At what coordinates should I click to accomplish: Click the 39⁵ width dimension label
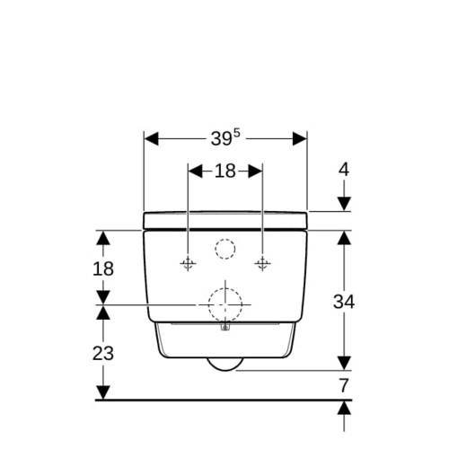pos(225,138)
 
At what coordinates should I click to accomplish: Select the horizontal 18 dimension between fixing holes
pos(225,172)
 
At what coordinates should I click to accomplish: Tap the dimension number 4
pos(344,170)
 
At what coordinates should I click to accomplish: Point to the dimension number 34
pos(344,302)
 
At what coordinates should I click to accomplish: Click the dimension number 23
pos(103,353)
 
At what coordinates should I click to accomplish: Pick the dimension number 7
pos(344,385)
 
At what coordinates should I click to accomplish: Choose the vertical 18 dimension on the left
pos(103,269)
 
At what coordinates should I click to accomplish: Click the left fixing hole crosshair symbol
pos(188,263)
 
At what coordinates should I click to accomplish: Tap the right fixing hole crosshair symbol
pos(262,263)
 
